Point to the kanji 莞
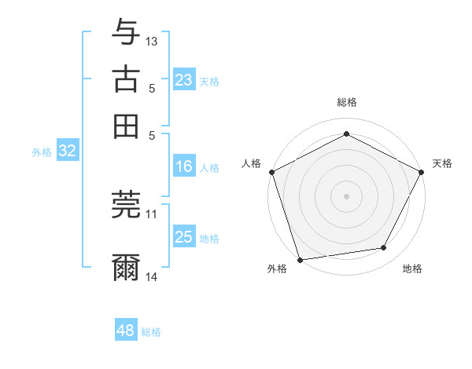(127, 204)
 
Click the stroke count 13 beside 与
(152, 41)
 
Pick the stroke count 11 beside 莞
(152, 213)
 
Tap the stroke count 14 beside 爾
(152, 277)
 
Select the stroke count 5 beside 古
(152, 88)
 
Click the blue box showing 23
(183, 80)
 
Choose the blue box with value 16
(183, 166)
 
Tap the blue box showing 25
(183, 237)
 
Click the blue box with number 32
(67, 152)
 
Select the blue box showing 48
(125, 331)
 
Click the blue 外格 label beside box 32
(42, 152)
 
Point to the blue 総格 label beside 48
(152, 332)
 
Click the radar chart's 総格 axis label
(347, 102)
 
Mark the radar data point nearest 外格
(300, 260)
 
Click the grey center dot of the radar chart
(347, 195)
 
